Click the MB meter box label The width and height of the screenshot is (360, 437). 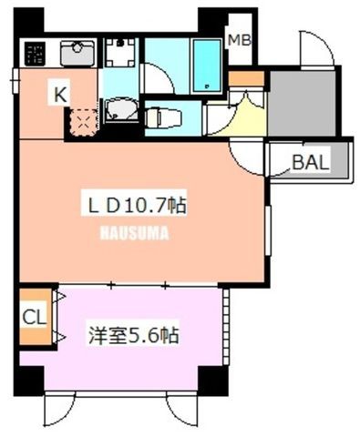tap(239, 40)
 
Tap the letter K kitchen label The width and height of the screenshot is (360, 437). tap(60, 94)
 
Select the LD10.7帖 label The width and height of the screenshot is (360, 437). tap(137, 206)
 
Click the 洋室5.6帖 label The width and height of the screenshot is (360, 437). tap(133, 336)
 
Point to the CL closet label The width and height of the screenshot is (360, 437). tap(35, 318)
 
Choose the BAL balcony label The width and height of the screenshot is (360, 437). tap(311, 162)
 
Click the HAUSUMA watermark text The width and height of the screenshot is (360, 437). tap(134, 233)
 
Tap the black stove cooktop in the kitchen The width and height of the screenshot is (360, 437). tap(35, 54)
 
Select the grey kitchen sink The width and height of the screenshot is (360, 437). tap(77, 54)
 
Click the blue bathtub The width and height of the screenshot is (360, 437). tap(207, 66)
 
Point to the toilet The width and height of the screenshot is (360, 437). tap(163, 117)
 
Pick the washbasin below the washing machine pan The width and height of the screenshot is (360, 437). tap(120, 109)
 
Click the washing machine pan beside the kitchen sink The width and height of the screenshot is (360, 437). tap(120, 53)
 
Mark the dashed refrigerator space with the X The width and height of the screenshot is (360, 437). tap(83, 122)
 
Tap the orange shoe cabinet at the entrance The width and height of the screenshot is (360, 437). tap(246, 78)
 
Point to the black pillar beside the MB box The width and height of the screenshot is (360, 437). tap(212, 21)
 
